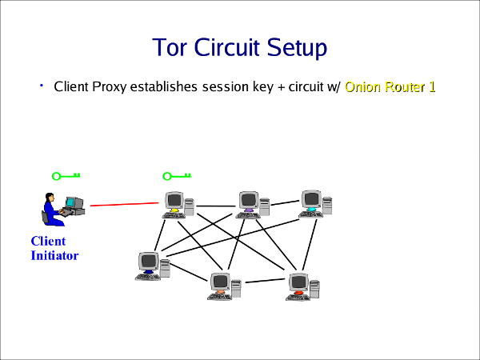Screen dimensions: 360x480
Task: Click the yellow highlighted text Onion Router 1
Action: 390,86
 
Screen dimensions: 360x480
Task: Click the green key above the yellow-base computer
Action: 177,176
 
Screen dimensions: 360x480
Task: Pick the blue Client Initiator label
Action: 54,249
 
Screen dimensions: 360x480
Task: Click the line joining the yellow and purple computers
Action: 214,206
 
